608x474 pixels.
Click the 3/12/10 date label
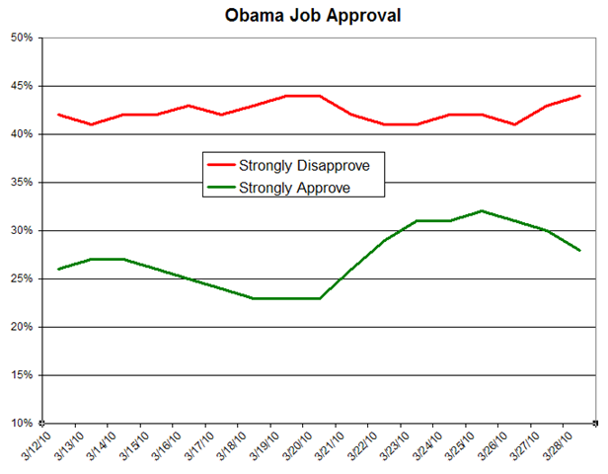click(x=38, y=443)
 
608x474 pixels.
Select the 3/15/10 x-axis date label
click(x=135, y=443)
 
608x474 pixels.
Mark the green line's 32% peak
click(x=482, y=210)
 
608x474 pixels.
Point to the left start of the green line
click(x=59, y=269)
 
